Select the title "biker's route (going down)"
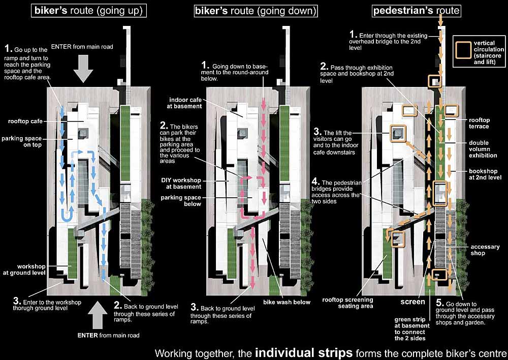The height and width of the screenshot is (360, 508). click(255, 10)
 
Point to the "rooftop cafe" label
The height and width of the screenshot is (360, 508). click(25, 121)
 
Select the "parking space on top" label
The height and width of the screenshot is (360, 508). click(22, 141)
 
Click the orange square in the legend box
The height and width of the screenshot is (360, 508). click(463, 50)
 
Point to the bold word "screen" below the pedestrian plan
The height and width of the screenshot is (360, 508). click(412, 302)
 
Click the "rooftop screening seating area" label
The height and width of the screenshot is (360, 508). click(347, 303)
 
